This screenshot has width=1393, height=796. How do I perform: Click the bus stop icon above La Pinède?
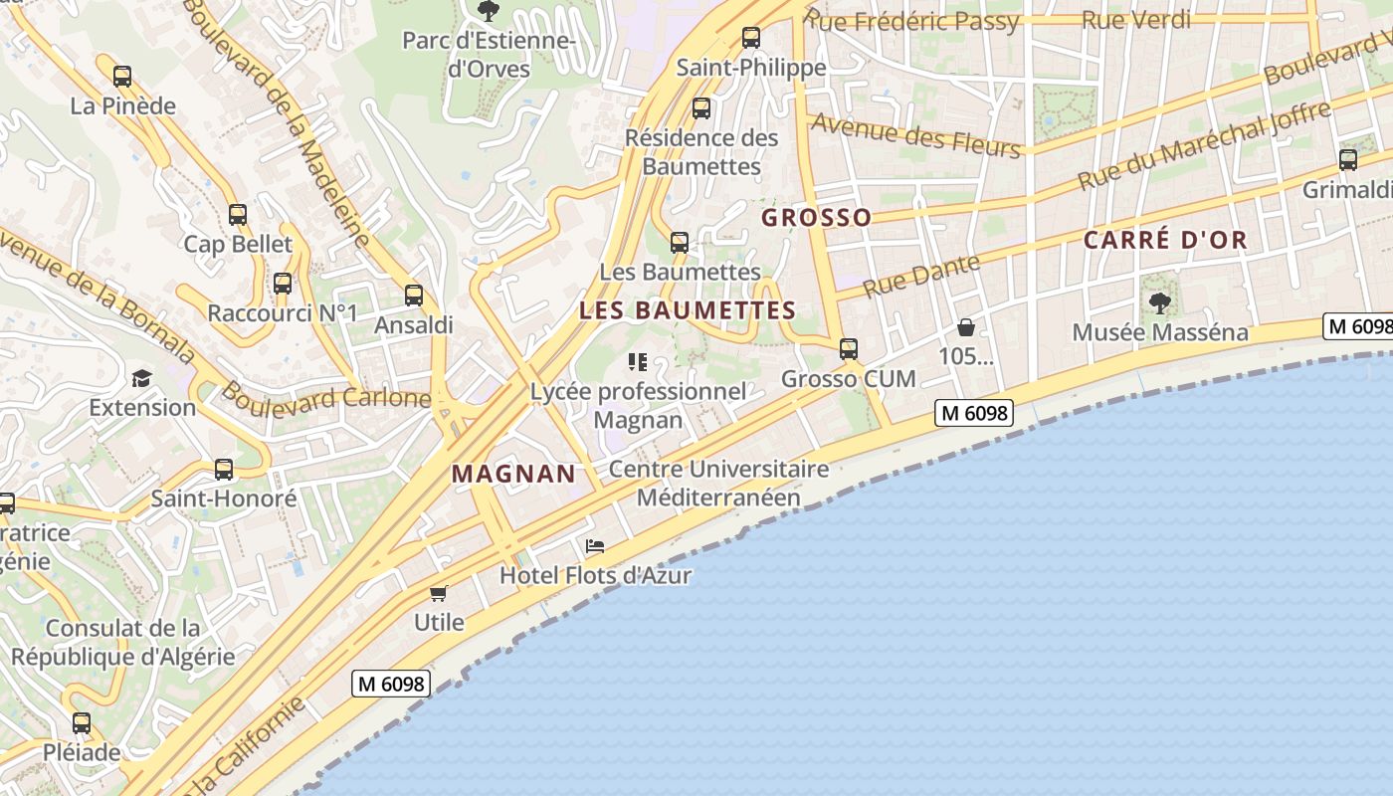(x=122, y=76)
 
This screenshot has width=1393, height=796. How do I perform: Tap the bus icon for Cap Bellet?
(x=237, y=214)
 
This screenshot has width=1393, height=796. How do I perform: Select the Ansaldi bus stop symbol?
(x=413, y=295)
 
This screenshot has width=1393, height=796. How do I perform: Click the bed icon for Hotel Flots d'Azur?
(x=595, y=545)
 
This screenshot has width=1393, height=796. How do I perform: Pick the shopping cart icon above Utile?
(x=438, y=593)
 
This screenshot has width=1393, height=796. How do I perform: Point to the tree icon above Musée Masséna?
(x=1159, y=301)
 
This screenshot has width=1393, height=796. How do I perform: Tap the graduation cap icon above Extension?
(x=141, y=378)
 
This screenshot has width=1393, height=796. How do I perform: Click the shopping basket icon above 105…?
(x=965, y=326)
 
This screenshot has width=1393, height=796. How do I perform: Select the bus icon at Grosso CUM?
(x=848, y=348)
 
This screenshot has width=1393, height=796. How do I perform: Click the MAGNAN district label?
(x=513, y=474)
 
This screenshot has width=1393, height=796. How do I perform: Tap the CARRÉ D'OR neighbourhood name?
(x=1165, y=240)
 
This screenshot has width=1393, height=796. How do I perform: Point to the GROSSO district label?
(x=816, y=217)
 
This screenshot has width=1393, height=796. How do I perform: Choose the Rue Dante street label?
(x=921, y=276)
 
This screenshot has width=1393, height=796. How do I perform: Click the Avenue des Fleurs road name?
(x=916, y=134)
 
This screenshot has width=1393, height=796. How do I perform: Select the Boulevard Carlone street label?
(x=326, y=396)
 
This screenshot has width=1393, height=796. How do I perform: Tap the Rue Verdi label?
(x=1135, y=19)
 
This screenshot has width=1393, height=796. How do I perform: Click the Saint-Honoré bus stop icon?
(x=224, y=469)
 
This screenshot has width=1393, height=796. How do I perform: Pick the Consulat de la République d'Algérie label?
(x=123, y=643)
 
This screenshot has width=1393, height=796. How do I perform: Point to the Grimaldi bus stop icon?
(x=1348, y=159)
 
